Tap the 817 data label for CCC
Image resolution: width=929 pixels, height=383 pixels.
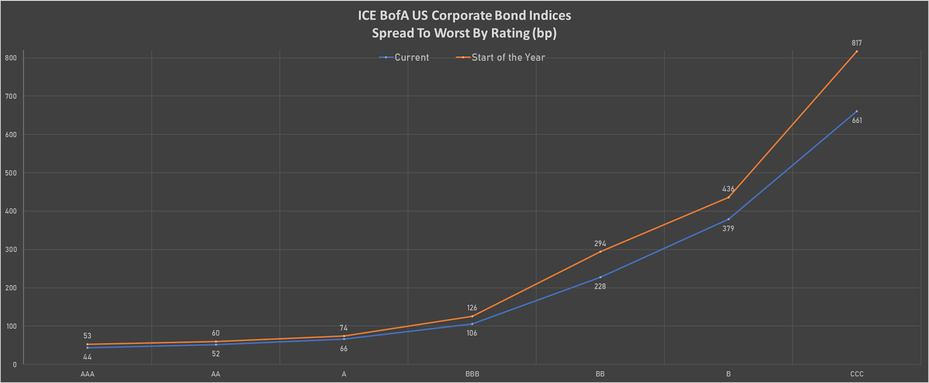856,43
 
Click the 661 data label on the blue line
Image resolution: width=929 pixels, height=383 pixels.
856,121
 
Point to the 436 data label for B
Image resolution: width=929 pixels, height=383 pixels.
728,189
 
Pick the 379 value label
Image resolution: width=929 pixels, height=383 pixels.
728,228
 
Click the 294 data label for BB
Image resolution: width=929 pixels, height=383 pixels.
600,244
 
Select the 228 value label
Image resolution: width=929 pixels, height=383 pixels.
600,287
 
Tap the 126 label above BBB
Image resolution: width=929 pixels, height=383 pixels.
471,308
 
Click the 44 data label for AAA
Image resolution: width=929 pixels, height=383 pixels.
87,357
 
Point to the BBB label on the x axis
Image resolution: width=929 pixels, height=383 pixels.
472,374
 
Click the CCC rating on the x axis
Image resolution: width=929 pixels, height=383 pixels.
856,374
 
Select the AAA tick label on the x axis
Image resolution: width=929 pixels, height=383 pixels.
87,374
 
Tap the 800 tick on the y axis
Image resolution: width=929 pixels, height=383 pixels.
11,58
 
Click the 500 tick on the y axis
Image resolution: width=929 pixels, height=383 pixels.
11,173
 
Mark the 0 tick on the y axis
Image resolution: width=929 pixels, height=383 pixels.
15,364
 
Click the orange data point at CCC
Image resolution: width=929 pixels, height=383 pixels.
856,52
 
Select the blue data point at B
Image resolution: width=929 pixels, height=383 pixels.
728,219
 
